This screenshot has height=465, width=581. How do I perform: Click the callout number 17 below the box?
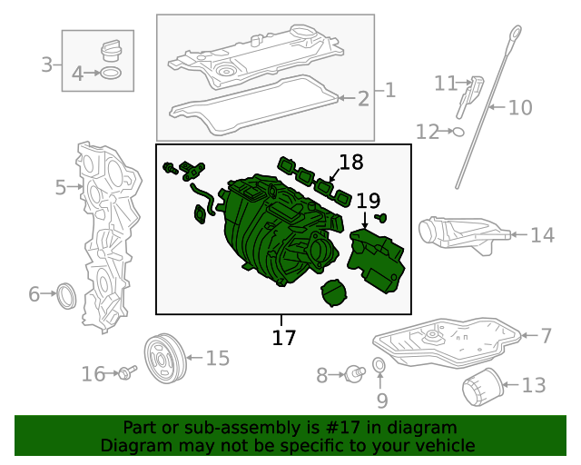[x=284, y=338]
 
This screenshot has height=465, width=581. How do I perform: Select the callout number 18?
[x=351, y=163]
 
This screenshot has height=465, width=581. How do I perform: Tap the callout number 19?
[x=368, y=201]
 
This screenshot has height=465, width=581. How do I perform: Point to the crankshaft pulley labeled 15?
[x=165, y=360]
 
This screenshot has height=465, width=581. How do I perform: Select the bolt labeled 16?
[x=125, y=372]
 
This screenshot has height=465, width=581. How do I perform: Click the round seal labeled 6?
[x=67, y=294]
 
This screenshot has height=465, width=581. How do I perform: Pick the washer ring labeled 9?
[x=379, y=366]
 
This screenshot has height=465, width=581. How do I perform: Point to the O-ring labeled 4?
[x=110, y=74]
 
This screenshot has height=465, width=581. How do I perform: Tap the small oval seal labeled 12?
[x=458, y=132]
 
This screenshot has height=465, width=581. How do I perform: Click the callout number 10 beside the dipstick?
[x=520, y=108]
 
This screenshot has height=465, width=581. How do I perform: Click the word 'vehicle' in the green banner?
[x=442, y=445]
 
